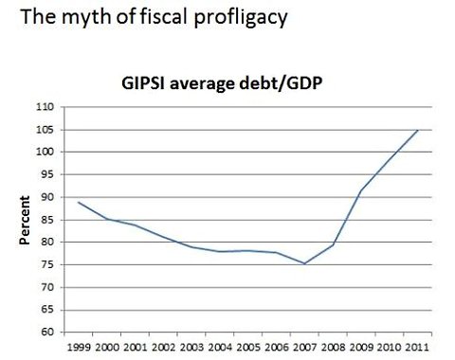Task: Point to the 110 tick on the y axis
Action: [43, 107]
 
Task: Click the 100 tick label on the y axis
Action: [43, 152]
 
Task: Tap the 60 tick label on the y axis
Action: [45, 332]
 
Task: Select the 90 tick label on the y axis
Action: [45, 197]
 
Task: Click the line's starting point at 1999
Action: [79, 202]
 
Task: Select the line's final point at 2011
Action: [418, 130]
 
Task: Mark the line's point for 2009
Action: [361, 190]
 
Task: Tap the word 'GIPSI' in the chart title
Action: [143, 81]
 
